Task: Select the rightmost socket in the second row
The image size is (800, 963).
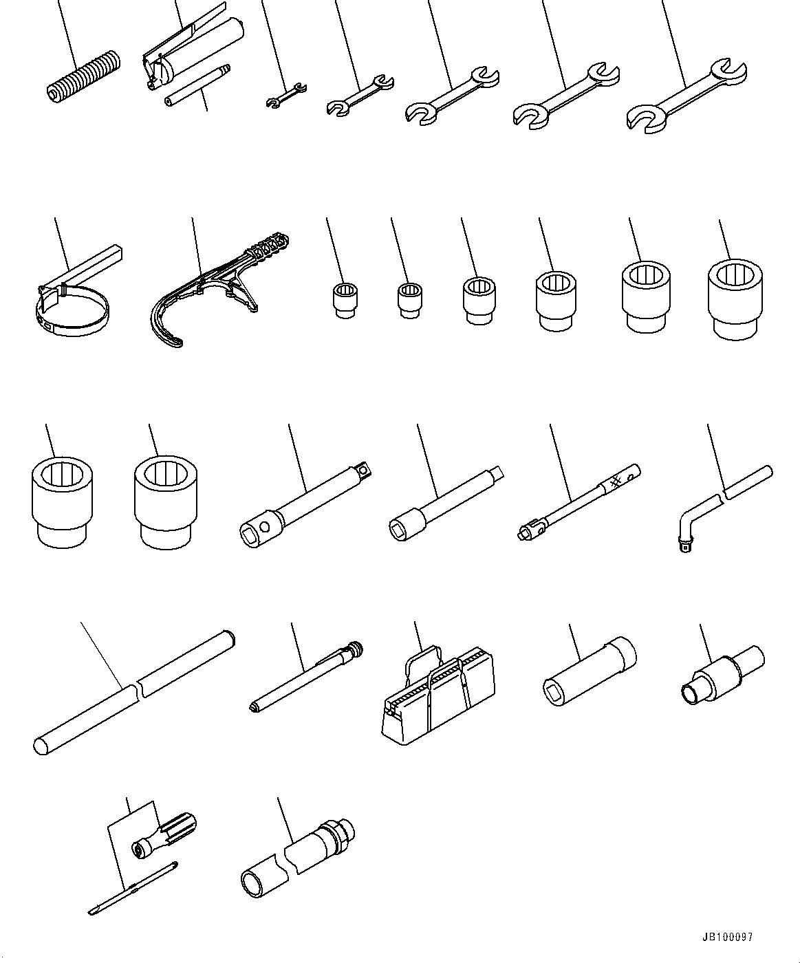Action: [x=735, y=298]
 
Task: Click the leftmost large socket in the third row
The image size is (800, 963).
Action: [x=62, y=502]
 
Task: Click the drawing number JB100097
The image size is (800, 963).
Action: [x=727, y=937]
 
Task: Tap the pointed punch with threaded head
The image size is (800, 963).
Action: [x=306, y=678]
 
